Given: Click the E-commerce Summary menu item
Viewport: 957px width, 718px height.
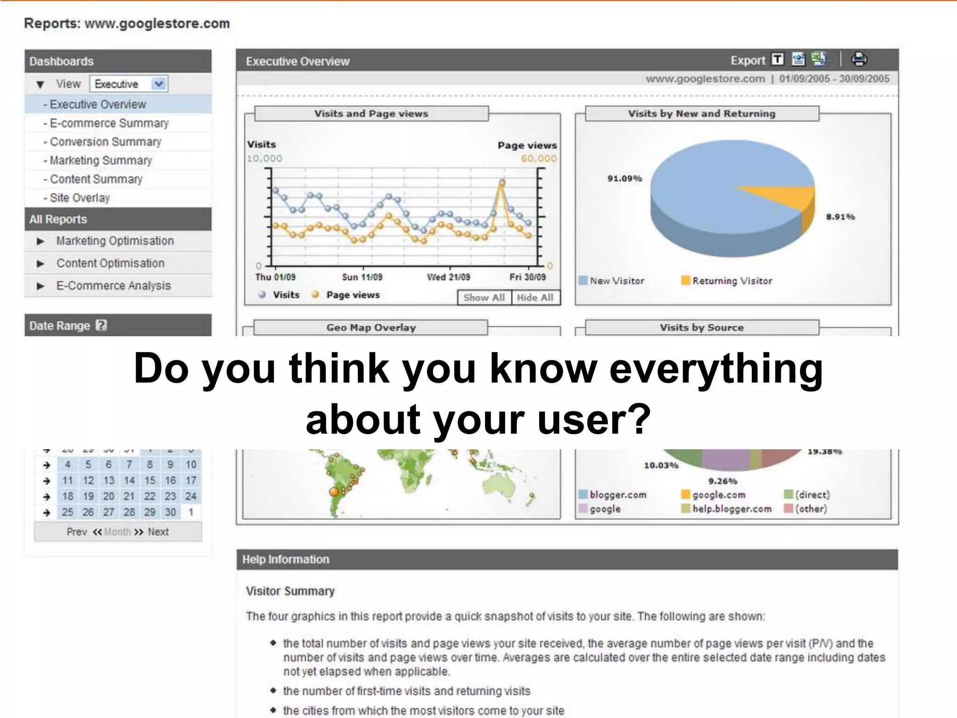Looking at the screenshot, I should pos(109,123).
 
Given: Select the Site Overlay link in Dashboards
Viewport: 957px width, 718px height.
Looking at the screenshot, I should pos(79,198).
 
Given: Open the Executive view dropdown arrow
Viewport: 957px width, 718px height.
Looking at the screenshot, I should pos(159,84).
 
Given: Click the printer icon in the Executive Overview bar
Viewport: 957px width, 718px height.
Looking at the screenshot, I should pos(859,59).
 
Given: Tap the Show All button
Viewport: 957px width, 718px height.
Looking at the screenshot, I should pos(484,297).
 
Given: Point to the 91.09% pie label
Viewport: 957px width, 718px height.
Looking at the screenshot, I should pos(624,179).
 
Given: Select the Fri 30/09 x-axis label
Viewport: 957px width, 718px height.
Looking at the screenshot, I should pos(528,277).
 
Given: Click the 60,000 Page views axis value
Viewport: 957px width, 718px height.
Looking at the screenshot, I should pos(538,158).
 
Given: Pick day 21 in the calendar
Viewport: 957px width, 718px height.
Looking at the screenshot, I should pos(129,496).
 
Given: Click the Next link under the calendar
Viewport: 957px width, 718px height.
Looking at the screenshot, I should pos(158,532).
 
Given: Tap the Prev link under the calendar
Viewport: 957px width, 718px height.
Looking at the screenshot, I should pos(77,532).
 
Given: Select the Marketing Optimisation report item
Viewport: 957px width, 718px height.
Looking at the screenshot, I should pos(115,241).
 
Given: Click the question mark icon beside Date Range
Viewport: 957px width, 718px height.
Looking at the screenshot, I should pos(101,325).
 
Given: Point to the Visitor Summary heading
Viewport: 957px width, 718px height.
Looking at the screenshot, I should pos(290,591).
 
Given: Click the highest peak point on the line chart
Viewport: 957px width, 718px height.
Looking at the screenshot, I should pos(502,183).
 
